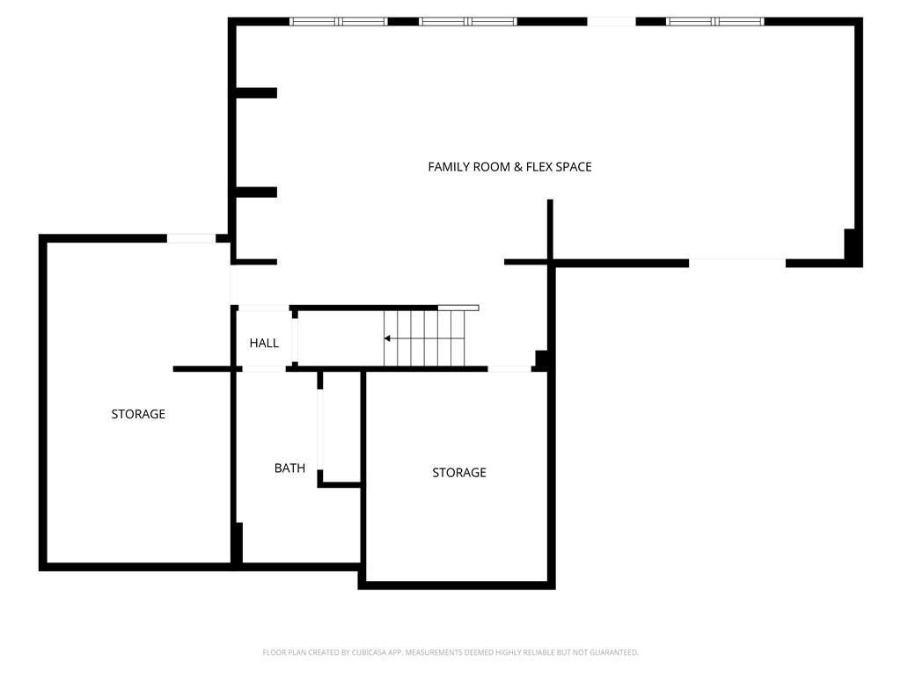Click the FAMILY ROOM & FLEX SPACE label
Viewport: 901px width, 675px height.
[509, 167]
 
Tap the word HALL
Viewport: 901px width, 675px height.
[264, 344]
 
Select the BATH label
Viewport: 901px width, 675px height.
[289, 468]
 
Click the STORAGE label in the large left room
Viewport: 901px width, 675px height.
[138, 414]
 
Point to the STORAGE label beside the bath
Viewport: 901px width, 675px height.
[459, 472]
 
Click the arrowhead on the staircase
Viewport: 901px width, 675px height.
[387, 338]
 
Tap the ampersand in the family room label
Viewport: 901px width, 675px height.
[517, 167]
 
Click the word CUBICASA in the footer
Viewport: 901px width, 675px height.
[369, 653]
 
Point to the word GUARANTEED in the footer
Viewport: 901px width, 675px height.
[615, 653]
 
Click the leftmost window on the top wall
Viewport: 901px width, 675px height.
[313, 22]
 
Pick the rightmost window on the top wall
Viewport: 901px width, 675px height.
[740, 22]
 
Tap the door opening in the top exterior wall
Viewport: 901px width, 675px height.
[612, 22]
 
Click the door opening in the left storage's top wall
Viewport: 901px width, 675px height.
[191, 238]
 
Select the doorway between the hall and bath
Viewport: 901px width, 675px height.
[263, 369]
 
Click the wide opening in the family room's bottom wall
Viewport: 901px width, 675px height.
[737, 263]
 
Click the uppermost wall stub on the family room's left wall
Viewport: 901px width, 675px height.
[256, 93]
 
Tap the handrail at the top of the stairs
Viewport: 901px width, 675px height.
[458, 308]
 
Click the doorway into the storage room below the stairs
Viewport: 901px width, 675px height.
[509, 369]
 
